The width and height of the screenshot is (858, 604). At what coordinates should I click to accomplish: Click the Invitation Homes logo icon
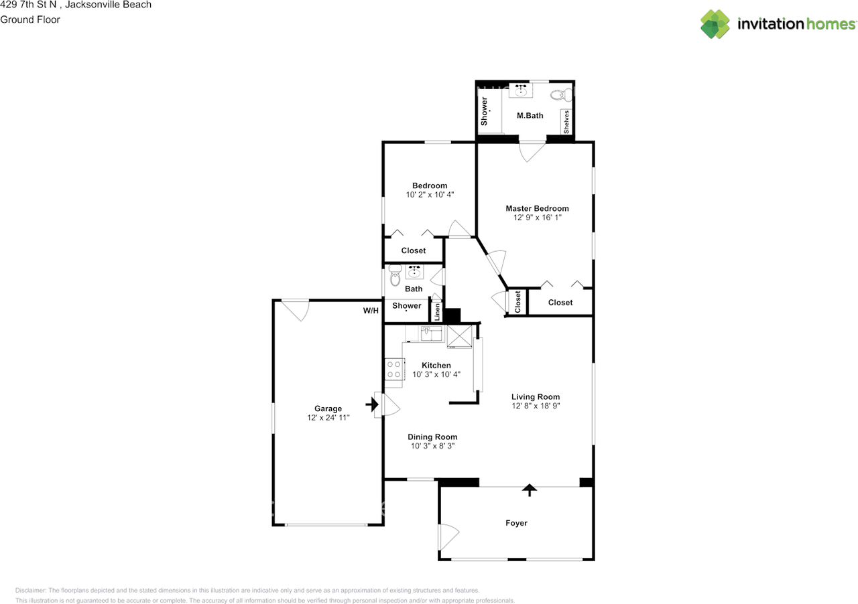point(715,24)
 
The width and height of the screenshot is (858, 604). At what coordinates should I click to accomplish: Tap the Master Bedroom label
point(537,208)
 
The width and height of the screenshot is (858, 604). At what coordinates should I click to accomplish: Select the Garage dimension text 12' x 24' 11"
point(328,418)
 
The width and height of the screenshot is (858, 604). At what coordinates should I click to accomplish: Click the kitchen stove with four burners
point(393,370)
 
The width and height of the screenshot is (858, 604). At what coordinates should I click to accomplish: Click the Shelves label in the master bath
point(566,122)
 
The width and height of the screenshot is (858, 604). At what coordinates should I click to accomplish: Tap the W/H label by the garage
point(371,311)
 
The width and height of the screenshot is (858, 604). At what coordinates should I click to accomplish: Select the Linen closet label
point(437,313)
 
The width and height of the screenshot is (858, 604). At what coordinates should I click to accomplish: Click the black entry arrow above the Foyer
point(530,489)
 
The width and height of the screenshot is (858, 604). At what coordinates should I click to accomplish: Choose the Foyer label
point(516,523)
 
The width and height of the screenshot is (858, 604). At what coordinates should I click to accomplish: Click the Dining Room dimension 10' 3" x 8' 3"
point(432,446)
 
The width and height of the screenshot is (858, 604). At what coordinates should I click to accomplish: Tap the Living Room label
point(536,396)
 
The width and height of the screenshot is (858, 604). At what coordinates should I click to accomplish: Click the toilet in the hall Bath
point(394,275)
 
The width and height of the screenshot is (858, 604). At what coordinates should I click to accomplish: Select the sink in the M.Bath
point(521,90)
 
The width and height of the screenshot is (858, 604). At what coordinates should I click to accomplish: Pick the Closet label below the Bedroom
point(413,250)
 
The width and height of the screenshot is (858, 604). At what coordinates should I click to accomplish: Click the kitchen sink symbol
point(427,331)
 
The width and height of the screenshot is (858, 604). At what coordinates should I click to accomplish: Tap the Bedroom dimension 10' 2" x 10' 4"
point(430,195)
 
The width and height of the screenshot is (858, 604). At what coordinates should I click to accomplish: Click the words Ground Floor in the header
point(30,19)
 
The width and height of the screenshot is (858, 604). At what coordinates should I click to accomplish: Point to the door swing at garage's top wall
point(295,309)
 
